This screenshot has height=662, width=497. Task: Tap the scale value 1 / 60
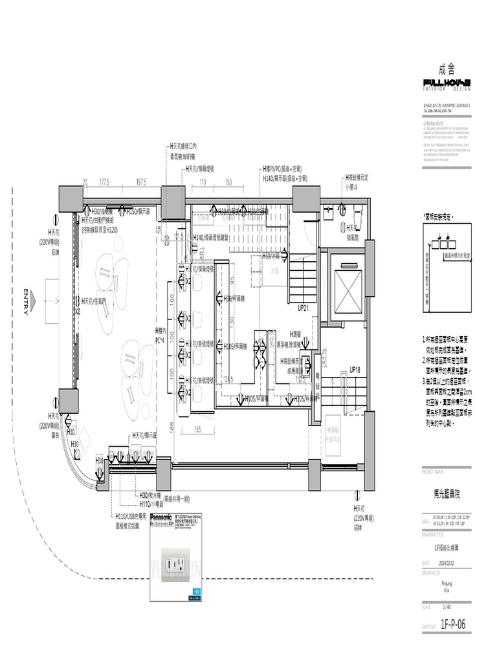[447, 607]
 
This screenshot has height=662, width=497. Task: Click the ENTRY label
[25, 302]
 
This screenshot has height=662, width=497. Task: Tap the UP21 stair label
[303, 308]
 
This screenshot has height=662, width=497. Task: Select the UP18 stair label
[355, 370]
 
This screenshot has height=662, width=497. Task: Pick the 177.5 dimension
[104, 182]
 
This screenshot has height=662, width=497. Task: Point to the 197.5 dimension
[141, 182]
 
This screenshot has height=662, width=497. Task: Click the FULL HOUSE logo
[447, 82]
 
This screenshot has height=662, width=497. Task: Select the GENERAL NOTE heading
[434, 122]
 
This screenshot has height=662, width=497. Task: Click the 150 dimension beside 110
[228, 182]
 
